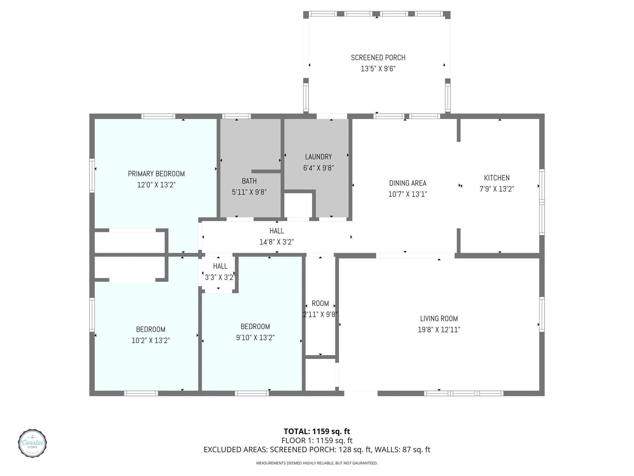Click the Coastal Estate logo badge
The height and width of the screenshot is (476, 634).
tap(32, 443)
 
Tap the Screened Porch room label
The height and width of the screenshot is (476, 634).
tap(378, 58)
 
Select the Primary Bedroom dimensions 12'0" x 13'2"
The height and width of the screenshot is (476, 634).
tap(156, 185)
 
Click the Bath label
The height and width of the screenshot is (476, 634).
tap(249, 181)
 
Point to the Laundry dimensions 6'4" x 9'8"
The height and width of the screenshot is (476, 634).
tap(318, 168)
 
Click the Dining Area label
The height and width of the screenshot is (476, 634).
tap(408, 183)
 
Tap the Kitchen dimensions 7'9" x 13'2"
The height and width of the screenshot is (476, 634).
tap(497, 189)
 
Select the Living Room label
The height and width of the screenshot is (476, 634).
tap(439, 318)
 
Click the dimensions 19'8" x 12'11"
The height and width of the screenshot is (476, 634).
tap(439, 330)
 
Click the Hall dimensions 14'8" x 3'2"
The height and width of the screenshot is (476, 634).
tap(277, 242)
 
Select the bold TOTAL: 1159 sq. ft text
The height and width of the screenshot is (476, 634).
tap(317, 431)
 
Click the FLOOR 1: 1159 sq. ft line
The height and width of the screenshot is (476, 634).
tap(317, 440)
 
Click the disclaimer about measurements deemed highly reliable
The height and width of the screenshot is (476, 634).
tap(317, 463)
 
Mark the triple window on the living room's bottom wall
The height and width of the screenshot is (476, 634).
tap(464, 393)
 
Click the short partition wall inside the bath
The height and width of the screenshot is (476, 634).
tap(266, 171)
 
